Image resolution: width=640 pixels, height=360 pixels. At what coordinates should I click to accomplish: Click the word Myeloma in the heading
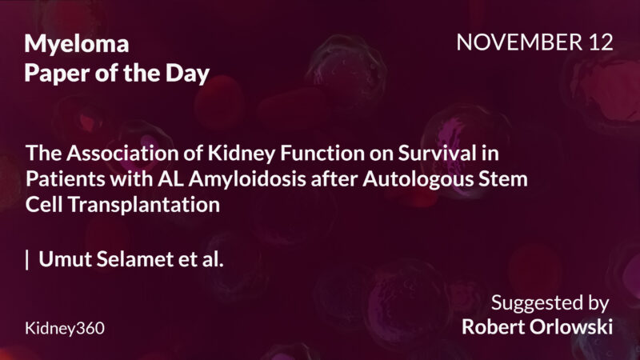tap(77, 46)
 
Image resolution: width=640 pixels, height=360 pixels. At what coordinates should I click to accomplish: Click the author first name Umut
tap(62, 260)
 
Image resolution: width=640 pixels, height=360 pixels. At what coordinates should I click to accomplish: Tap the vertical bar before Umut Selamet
tap(28, 260)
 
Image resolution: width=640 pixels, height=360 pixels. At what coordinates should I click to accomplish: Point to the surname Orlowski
tap(575, 328)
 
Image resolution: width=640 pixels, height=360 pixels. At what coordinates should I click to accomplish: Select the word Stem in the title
tap(503, 178)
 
